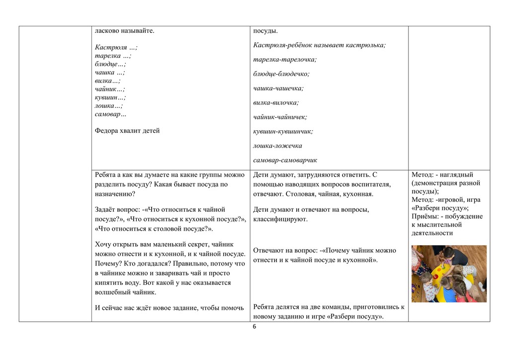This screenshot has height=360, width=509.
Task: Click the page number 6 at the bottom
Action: pos(254,327)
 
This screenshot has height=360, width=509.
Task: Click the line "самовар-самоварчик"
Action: pos(285,160)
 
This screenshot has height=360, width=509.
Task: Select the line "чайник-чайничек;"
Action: pos(280,117)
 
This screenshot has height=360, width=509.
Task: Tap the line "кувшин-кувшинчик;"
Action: pos(283,131)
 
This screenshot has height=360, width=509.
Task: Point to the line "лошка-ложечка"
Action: pos(277,146)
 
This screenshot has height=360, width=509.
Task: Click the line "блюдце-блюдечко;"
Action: pos(281,74)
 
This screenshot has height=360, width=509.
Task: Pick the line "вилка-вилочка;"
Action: pos(276,102)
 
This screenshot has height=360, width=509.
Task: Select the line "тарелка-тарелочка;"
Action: pos(285,59)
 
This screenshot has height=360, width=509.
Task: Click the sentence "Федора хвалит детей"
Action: pos(127,131)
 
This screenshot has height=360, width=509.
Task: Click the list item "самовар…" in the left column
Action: pos(110,114)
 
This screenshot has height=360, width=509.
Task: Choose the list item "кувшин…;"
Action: pos(110,97)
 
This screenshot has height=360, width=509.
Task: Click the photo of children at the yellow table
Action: pos(449,273)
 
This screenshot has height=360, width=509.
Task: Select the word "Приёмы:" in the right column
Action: pos(425,216)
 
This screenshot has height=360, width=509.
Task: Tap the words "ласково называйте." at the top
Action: pos(124,31)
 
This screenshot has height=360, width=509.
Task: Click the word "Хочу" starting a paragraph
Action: pos(103,244)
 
